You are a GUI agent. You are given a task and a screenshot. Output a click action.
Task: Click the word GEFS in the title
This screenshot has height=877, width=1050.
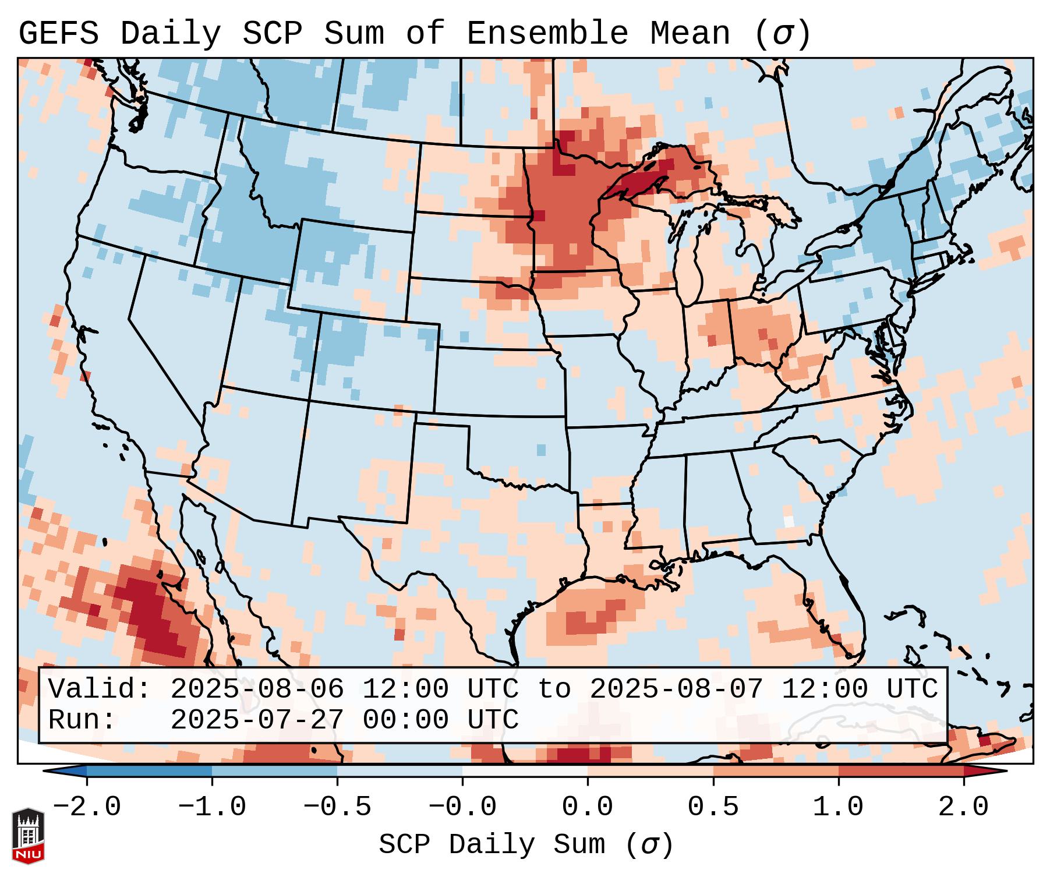(x=58, y=34)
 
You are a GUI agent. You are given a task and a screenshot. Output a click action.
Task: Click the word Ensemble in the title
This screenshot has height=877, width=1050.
(x=547, y=34)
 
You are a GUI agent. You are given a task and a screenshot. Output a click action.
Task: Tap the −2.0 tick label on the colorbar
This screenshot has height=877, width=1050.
(x=87, y=807)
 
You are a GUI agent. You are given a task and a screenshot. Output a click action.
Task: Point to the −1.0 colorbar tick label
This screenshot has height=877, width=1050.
(x=212, y=807)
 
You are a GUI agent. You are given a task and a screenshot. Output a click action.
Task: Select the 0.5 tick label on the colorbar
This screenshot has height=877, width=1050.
(x=713, y=807)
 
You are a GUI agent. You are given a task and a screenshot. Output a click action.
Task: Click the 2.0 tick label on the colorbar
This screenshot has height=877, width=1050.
(x=963, y=807)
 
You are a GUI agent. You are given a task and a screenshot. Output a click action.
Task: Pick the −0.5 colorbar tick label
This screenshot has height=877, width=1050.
(x=337, y=807)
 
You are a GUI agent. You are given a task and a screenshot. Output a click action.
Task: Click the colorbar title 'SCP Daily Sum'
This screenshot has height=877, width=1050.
(x=492, y=845)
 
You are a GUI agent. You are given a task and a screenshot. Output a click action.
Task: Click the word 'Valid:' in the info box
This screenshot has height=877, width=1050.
(x=100, y=689)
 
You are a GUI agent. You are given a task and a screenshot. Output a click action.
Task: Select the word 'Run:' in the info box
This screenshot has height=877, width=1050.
(x=82, y=720)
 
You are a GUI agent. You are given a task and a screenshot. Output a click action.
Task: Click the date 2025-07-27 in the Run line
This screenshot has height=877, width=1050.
(x=257, y=720)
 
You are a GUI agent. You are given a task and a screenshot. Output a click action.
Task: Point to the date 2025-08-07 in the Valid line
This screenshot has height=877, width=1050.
(x=676, y=689)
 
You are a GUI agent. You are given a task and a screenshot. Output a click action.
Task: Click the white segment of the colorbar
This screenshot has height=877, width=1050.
(x=525, y=771)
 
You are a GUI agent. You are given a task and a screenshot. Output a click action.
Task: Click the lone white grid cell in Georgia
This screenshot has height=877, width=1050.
(x=789, y=521)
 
